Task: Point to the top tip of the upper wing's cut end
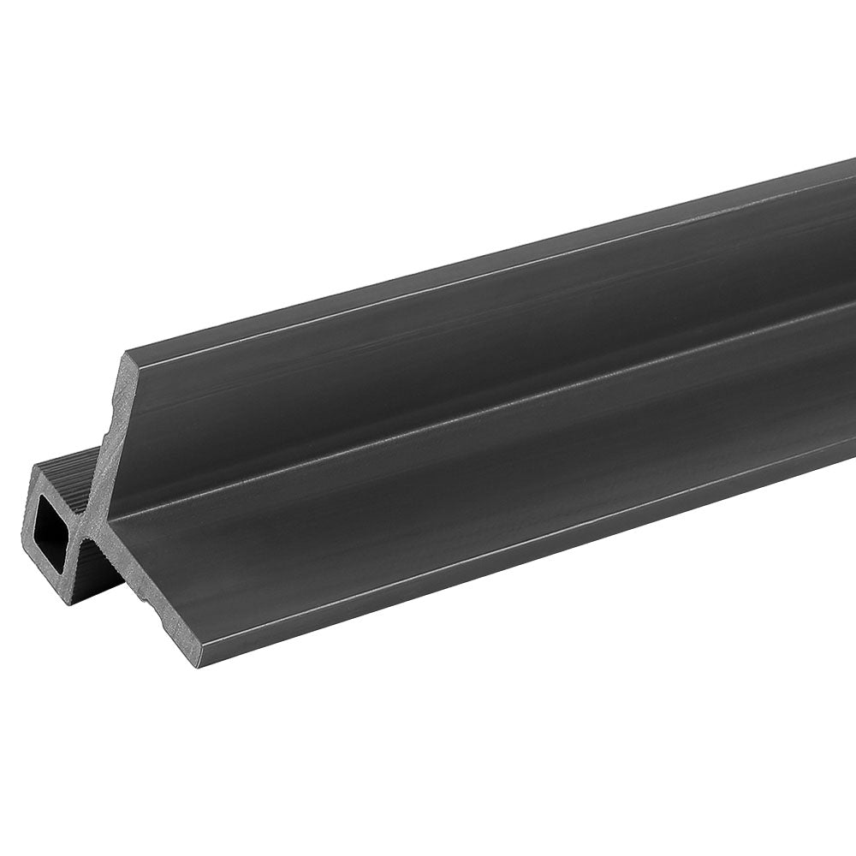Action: [x=128, y=354]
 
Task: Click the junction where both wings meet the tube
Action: [x=92, y=524]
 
